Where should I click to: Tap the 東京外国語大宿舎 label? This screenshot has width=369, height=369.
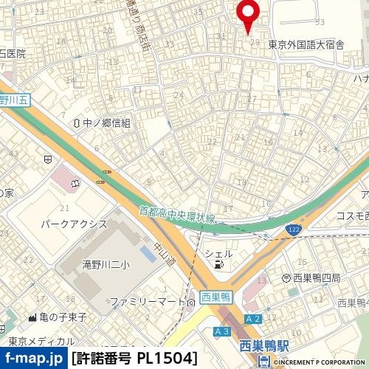[x=306, y=44]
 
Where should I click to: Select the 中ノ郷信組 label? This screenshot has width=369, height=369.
[x=106, y=123]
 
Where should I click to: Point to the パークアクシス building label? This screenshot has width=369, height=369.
[x=73, y=223]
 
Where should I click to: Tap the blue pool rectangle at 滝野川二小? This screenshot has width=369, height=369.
[x=147, y=253]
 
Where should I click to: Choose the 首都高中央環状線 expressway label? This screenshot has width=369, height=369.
[x=177, y=213]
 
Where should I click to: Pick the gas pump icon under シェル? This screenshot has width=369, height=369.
[x=218, y=264]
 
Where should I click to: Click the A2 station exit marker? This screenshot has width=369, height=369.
[x=254, y=319]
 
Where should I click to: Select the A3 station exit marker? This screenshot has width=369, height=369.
[x=221, y=331]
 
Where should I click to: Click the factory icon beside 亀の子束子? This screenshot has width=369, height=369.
[x=32, y=317]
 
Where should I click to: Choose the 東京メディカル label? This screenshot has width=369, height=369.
[x=42, y=341]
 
